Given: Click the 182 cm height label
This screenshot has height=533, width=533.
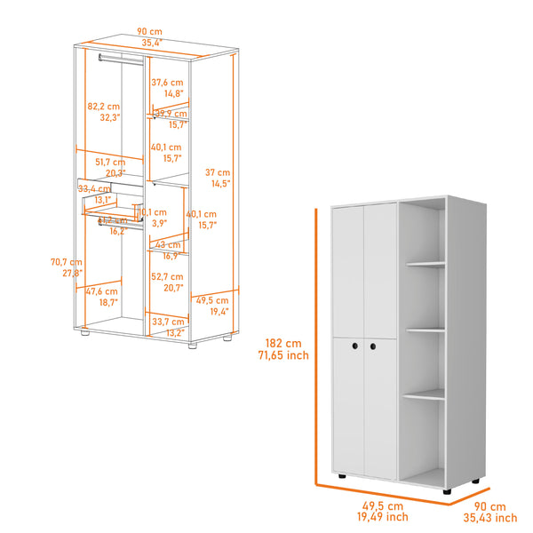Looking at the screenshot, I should pos(284,343).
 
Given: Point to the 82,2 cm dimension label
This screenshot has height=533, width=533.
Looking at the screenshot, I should pos(103,106).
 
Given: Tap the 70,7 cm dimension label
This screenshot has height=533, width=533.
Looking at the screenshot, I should pos(66,262).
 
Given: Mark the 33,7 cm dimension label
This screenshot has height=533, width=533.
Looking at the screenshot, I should pos(167,322).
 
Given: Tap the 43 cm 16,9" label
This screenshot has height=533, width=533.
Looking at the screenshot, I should pos(167,244).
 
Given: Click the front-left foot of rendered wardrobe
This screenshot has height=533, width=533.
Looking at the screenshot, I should pos(341,478).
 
